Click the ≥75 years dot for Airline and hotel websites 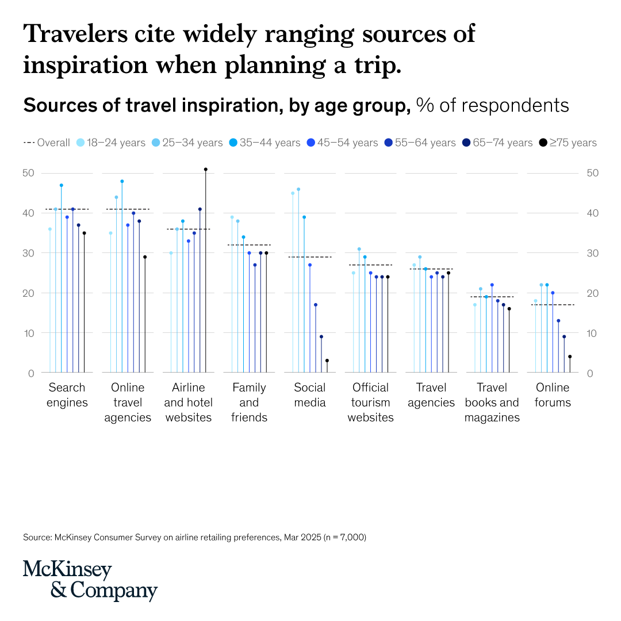tap(206, 170)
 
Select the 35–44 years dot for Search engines tap(62, 185)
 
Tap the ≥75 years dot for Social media tap(327, 361)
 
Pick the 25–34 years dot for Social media tap(298, 189)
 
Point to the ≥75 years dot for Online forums tap(570, 356)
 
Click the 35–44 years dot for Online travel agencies tap(122, 181)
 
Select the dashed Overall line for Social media tap(310, 257)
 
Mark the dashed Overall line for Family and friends tap(249, 245)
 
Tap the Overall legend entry tap(47, 143)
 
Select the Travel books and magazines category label tap(492, 402)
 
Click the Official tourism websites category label tap(370, 402)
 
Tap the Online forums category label tap(553, 395)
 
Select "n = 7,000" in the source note tap(340, 538)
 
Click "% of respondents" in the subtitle tap(492, 105)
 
